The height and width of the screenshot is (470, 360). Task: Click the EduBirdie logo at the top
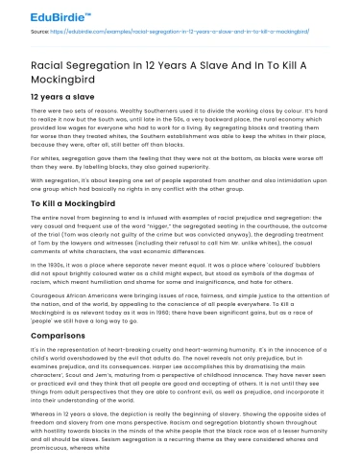point(39,12)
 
